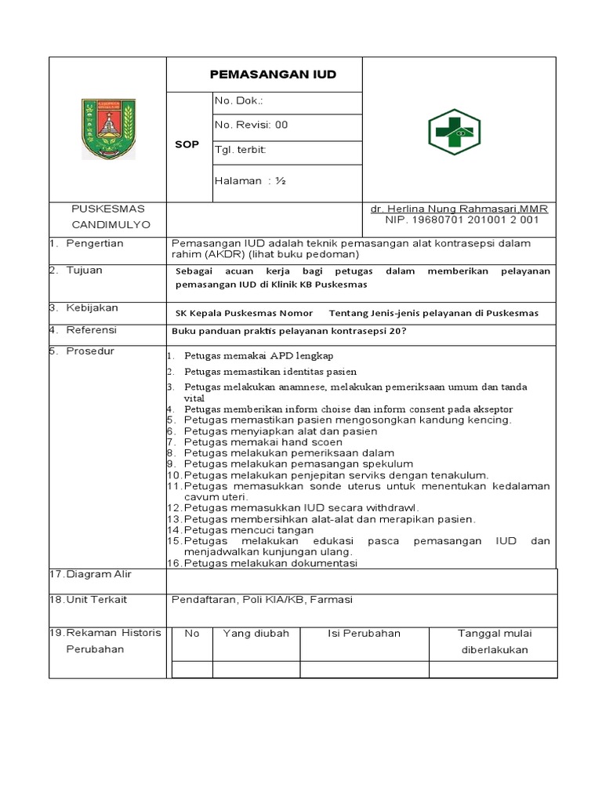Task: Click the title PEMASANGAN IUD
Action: (273, 74)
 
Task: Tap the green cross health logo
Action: (454, 132)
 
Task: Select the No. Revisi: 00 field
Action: (252, 125)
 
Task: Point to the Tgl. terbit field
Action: (241, 149)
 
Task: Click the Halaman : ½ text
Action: (249, 180)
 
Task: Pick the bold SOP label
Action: (187, 145)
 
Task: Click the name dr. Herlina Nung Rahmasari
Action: (459, 209)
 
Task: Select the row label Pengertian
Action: (94, 243)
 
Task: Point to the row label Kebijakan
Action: (90, 307)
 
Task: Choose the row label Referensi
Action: (91, 329)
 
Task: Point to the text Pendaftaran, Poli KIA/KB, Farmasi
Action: (262, 600)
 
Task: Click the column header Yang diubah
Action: (256, 634)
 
